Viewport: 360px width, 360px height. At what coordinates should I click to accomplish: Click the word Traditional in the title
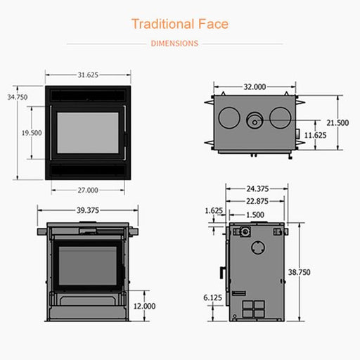pos(163,24)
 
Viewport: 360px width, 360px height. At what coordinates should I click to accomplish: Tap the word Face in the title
pos(213,24)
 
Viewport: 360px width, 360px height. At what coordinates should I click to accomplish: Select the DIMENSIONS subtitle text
pos(174,44)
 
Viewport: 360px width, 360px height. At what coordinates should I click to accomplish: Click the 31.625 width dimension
pos(88,75)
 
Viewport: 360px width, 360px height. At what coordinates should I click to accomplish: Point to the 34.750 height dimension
pos(18,97)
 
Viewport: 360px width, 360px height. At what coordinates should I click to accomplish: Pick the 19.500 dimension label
pos(32,133)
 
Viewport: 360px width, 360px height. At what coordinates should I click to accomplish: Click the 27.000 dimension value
pos(88,190)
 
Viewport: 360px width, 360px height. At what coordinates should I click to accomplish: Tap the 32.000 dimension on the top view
pos(255,87)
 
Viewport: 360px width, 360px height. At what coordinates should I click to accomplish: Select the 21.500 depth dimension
pos(337,123)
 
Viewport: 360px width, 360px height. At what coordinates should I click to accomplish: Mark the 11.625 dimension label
pos(315,135)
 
